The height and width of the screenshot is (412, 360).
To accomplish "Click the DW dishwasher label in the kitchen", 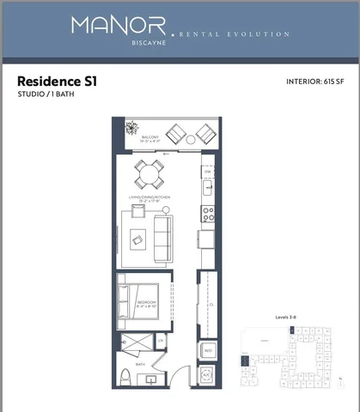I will coord(207,172).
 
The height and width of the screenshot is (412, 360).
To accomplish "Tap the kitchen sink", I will coord(207,186).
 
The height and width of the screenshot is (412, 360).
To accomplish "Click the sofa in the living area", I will coord(162,238).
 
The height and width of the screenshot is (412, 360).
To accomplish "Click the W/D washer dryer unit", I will coord(207,351).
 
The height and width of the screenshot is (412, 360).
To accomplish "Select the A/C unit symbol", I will coord(207,377).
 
